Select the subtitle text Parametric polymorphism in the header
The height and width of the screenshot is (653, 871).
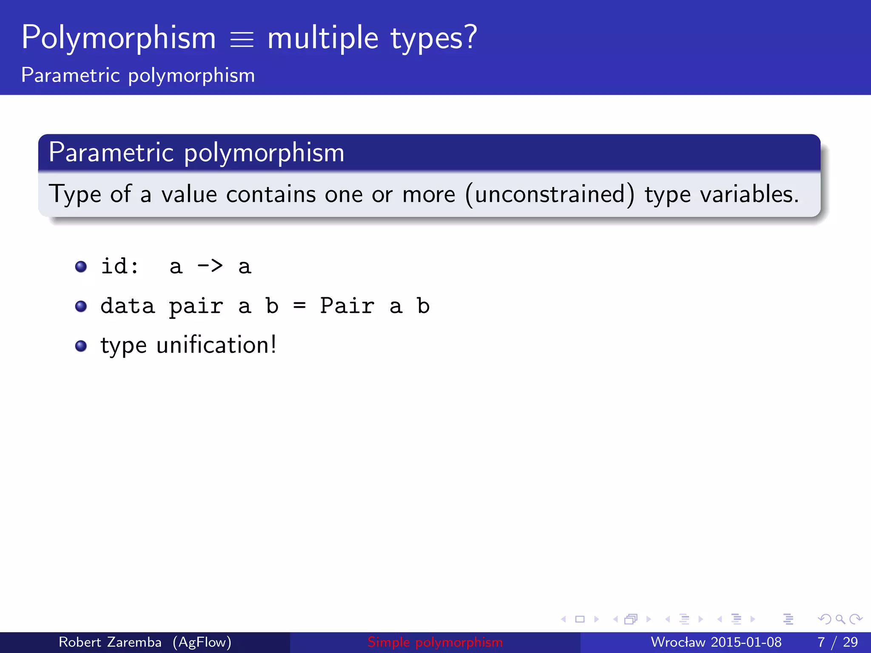pyautogui.click(x=138, y=76)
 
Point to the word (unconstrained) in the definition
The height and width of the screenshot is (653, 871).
pyautogui.click(x=550, y=195)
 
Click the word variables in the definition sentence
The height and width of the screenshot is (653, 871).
pyautogui.click(x=749, y=194)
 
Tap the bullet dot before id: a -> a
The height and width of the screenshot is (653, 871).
pyautogui.click(x=81, y=267)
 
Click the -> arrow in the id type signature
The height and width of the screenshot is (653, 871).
pyautogui.click(x=210, y=266)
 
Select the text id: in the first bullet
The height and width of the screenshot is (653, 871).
pyautogui.click(x=120, y=266)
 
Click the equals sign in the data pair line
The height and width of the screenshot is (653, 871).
pyautogui.click(x=299, y=306)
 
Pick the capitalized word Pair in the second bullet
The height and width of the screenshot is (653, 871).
pyautogui.click(x=347, y=306)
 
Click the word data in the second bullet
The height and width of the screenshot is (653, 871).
pyautogui.click(x=128, y=306)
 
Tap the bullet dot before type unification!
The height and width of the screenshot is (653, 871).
pyautogui.click(x=81, y=346)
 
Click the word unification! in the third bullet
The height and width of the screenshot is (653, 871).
pyautogui.click(x=216, y=345)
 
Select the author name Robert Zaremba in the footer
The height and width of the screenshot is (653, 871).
pyautogui.click(x=110, y=642)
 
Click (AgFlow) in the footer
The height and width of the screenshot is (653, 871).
pyautogui.click(x=202, y=642)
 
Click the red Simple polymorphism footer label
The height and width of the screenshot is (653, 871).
pyautogui.click(x=435, y=642)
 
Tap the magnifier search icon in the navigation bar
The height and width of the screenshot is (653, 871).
pyautogui.click(x=840, y=619)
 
